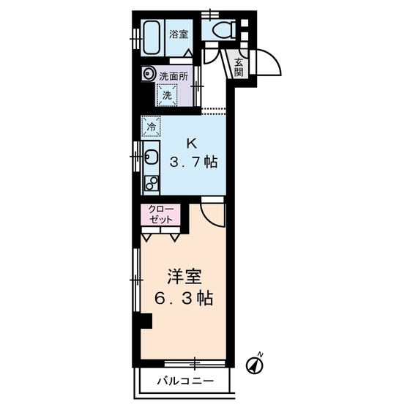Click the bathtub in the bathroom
pyautogui.click(x=152, y=35)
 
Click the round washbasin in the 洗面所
pyautogui.click(x=149, y=74)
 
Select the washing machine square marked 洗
pyautogui.click(x=167, y=95)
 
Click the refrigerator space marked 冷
pyautogui.click(x=151, y=126)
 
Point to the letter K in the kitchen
pyautogui.click(x=191, y=144)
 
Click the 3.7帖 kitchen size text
pyautogui.click(x=191, y=163)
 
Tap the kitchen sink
pyautogui.click(x=152, y=157)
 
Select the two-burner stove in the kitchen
pyautogui.click(x=151, y=182)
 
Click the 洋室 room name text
pyautogui.click(x=184, y=278)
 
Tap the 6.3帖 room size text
pyautogui.click(x=184, y=299)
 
